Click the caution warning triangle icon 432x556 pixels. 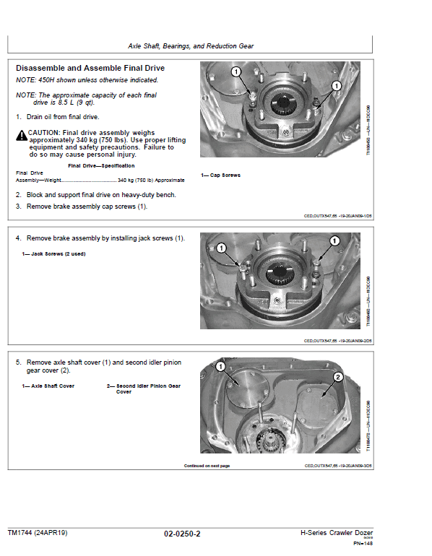click(x=21, y=134)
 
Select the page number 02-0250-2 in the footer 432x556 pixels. click(x=181, y=534)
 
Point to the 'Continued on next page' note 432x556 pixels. click(x=207, y=466)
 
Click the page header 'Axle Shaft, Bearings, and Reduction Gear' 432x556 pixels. click(x=191, y=45)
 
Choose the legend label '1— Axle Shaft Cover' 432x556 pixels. click(x=48, y=386)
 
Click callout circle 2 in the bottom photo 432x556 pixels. click(x=337, y=377)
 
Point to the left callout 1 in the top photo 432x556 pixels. click(x=236, y=71)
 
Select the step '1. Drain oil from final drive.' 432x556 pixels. click(x=58, y=116)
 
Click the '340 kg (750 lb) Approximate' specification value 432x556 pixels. click(x=150, y=180)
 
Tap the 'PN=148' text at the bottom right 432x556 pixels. click(x=363, y=543)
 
